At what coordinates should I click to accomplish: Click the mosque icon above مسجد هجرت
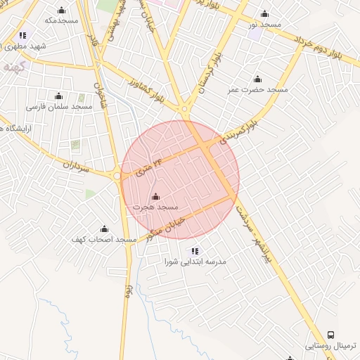point(155,196)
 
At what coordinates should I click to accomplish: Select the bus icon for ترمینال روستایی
point(331,335)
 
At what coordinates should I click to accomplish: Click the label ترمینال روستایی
point(332,347)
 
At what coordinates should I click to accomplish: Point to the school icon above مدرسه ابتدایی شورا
point(195,250)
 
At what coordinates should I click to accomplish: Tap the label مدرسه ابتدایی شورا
point(195,262)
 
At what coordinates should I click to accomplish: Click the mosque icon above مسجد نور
point(264,13)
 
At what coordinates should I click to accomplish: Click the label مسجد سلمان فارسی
point(60,107)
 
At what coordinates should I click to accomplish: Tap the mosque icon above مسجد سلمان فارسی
point(58,96)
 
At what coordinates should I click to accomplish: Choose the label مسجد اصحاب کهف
point(104,240)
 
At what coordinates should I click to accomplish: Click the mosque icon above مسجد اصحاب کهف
point(104,229)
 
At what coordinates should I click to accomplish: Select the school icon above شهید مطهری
point(22,34)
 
